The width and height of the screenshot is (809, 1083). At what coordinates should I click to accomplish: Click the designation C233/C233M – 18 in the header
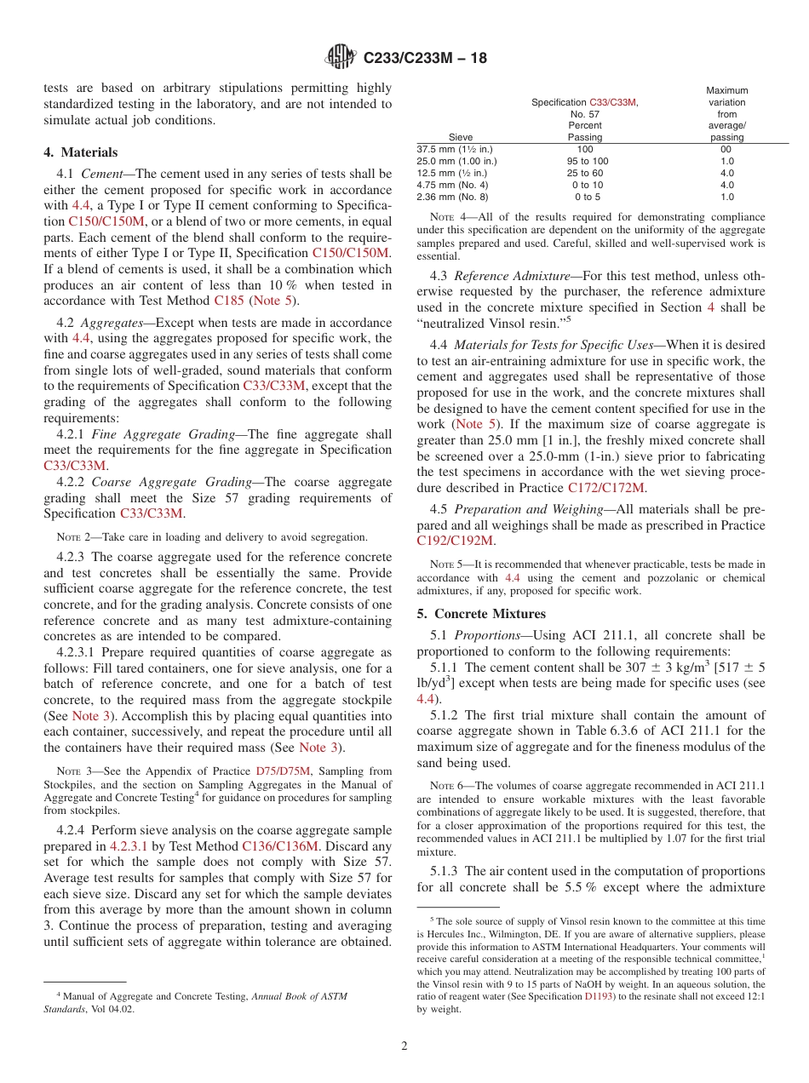[425, 59]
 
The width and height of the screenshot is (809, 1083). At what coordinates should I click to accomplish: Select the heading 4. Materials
[81, 152]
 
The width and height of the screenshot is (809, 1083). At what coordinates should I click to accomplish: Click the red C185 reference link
[228, 301]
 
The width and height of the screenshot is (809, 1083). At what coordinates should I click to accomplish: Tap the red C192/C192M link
[455, 540]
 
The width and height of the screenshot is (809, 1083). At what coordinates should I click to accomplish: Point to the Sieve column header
[461, 137]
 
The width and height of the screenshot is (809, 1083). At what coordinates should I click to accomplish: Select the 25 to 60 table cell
[585, 173]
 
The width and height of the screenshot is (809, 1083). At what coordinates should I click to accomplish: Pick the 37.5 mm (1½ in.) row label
[452, 149]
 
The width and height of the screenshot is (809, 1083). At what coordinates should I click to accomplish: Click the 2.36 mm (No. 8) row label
[452, 197]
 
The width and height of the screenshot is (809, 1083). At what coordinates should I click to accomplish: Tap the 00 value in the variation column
[726, 149]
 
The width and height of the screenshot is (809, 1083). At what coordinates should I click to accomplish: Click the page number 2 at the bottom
[404, 1046]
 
